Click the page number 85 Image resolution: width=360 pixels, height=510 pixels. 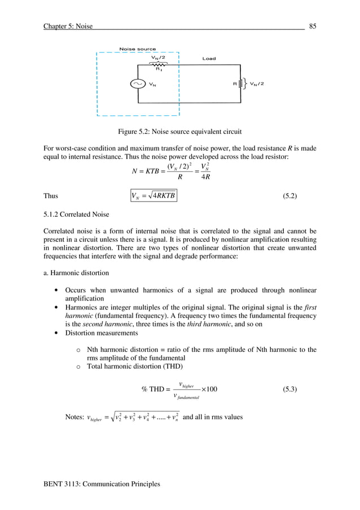[x=312, y=25]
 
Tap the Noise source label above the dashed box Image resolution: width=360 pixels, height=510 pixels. [x=138, y=49]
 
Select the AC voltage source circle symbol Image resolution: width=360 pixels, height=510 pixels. [x=138, y=84]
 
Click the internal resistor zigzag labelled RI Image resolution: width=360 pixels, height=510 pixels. [x=159, y=64]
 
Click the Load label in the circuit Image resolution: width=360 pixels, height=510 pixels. [x=209, y=59]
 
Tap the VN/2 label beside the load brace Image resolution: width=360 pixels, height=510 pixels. [x=259, y=84]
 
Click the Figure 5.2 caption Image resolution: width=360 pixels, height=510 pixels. [x=179, y=132]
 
